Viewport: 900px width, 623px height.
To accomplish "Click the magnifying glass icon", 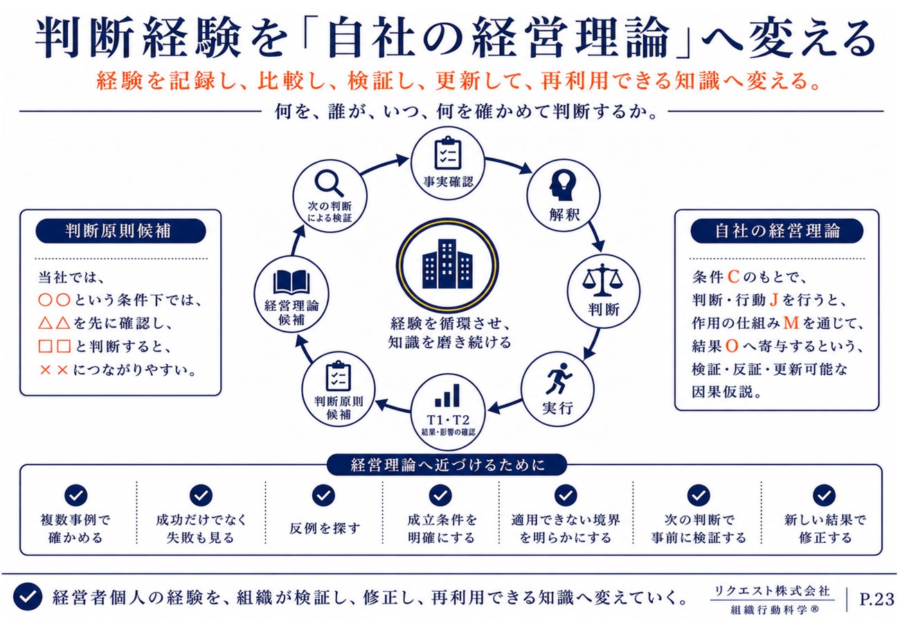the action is (x=329, y=183).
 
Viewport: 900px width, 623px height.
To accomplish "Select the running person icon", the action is (x=559, y=379).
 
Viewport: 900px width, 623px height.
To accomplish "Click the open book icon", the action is (x=291, y=282).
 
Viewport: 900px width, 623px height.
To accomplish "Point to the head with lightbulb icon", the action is (x=562, y=186).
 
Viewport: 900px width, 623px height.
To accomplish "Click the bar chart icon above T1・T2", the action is (x=447, y=396).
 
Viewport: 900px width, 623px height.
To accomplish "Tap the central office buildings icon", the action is (x=447, y=264).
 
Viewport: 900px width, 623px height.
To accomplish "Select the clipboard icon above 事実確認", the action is (x=448, y=153).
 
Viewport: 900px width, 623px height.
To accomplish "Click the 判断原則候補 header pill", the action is (x=120, y=231).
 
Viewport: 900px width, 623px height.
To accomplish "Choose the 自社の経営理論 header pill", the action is (x=777, y=231).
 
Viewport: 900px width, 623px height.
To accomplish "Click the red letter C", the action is (x=733, y=277).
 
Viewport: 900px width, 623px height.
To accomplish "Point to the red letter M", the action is (x=791, y=323).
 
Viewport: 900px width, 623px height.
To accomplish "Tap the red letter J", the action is (x=773, y=300).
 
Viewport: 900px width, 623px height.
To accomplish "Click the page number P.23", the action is (x=877, y=599).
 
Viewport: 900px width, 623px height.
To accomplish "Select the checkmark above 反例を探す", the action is (x=323, y=495).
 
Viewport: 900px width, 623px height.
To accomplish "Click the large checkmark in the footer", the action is (x=27, y=597).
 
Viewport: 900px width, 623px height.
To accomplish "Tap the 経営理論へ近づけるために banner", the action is (x=447, y=465).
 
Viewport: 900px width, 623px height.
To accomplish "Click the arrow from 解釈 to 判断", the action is (x=596, y=236).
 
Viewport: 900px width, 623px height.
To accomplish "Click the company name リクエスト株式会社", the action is (x=771, y=591).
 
